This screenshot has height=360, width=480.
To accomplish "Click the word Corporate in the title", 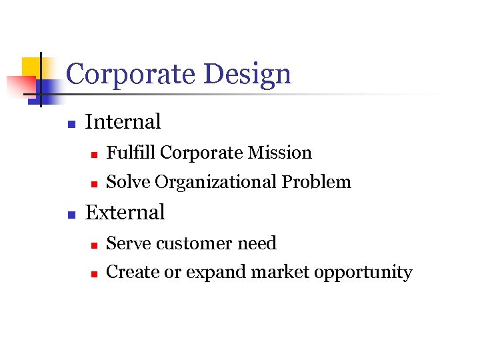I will click(129, 74).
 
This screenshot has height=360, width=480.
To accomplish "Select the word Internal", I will click(123, 122).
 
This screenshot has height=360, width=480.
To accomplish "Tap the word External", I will click(125, 213).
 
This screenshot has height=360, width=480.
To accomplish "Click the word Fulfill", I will click(131, 153).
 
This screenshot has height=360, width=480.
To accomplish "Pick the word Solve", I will click(129, 182).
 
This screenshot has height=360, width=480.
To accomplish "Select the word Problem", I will click(316, 182).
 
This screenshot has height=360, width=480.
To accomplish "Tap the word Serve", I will click(129, 243).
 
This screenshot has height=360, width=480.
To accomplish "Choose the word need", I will click(257, 243).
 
